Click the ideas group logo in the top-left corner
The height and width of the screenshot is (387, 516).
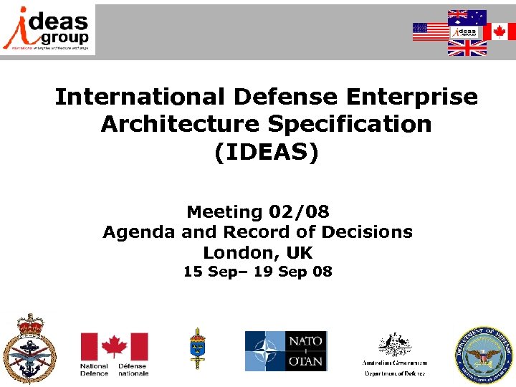[48, 29]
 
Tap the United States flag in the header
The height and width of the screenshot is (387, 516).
[429, 32]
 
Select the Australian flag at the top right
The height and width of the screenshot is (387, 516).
[467, 16]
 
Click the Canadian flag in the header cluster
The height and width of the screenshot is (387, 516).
[499, 32]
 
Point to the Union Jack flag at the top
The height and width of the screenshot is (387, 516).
[467, 48]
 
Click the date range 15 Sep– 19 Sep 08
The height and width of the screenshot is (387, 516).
[258, 272]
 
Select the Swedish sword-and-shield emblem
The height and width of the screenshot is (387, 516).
[196, 348]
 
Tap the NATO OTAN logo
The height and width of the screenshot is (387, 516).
[285, 351]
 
